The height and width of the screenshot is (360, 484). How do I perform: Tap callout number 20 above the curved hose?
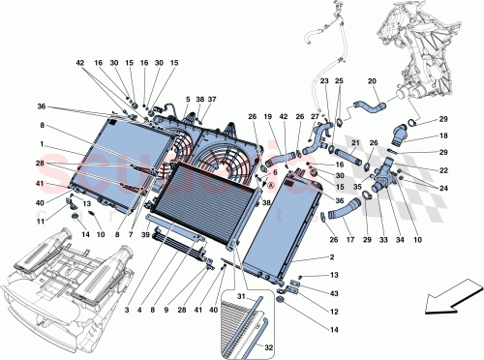[x=372, y=82]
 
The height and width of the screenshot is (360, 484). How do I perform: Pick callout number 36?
[x=43, y=107]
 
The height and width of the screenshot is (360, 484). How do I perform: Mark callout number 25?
[x=339, y=82]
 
